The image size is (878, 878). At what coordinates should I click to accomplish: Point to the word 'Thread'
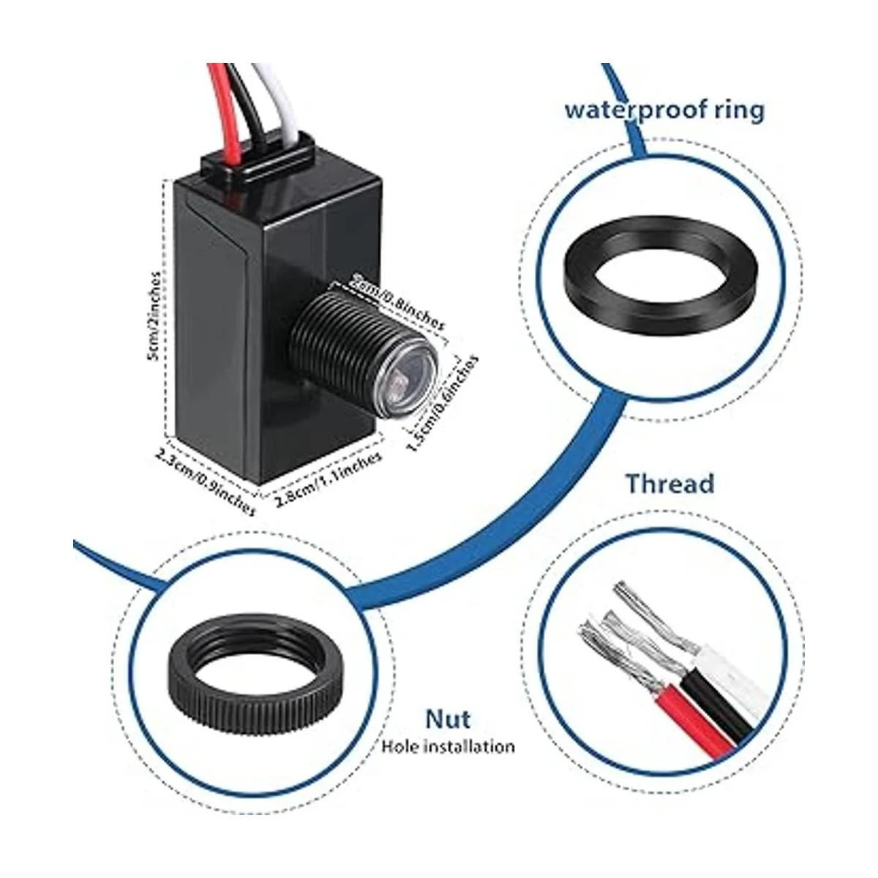(669, 484)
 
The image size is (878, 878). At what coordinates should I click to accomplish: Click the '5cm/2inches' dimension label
(154, 316)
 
